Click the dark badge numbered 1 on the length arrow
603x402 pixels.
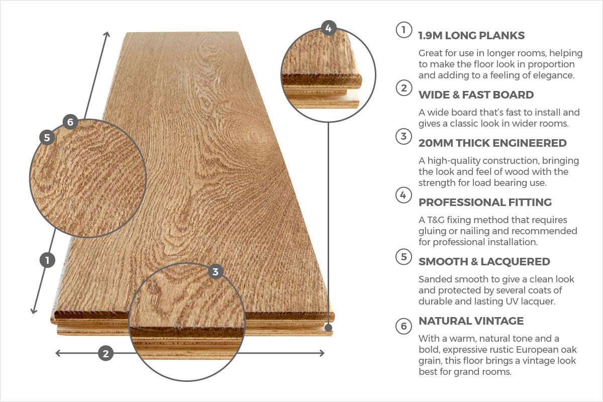(x=47, y=260)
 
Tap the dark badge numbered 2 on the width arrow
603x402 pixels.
(x=105, y=353)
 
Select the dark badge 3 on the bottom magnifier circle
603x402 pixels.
(x=216, y=272)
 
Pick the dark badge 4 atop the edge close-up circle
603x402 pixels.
(x=328, y=28)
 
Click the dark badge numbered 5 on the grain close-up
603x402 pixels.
(x=47, y=137)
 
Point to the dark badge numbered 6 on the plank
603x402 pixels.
(x=70, y=122)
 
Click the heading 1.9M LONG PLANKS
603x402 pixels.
(x=471, y=36)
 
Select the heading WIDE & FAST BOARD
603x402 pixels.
(x=476, y=95)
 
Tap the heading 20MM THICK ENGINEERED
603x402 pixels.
(x=492, y=143)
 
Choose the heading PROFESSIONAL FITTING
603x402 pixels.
(x=485, y=203)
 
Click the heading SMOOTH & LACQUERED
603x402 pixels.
(x=484, y=262)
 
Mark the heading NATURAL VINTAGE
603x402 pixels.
(x=471, y=321)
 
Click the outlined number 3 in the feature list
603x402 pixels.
(x=403, y=136)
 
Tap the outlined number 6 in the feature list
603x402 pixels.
(x=403, y=326)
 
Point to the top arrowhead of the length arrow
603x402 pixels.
(x=107, y=34)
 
